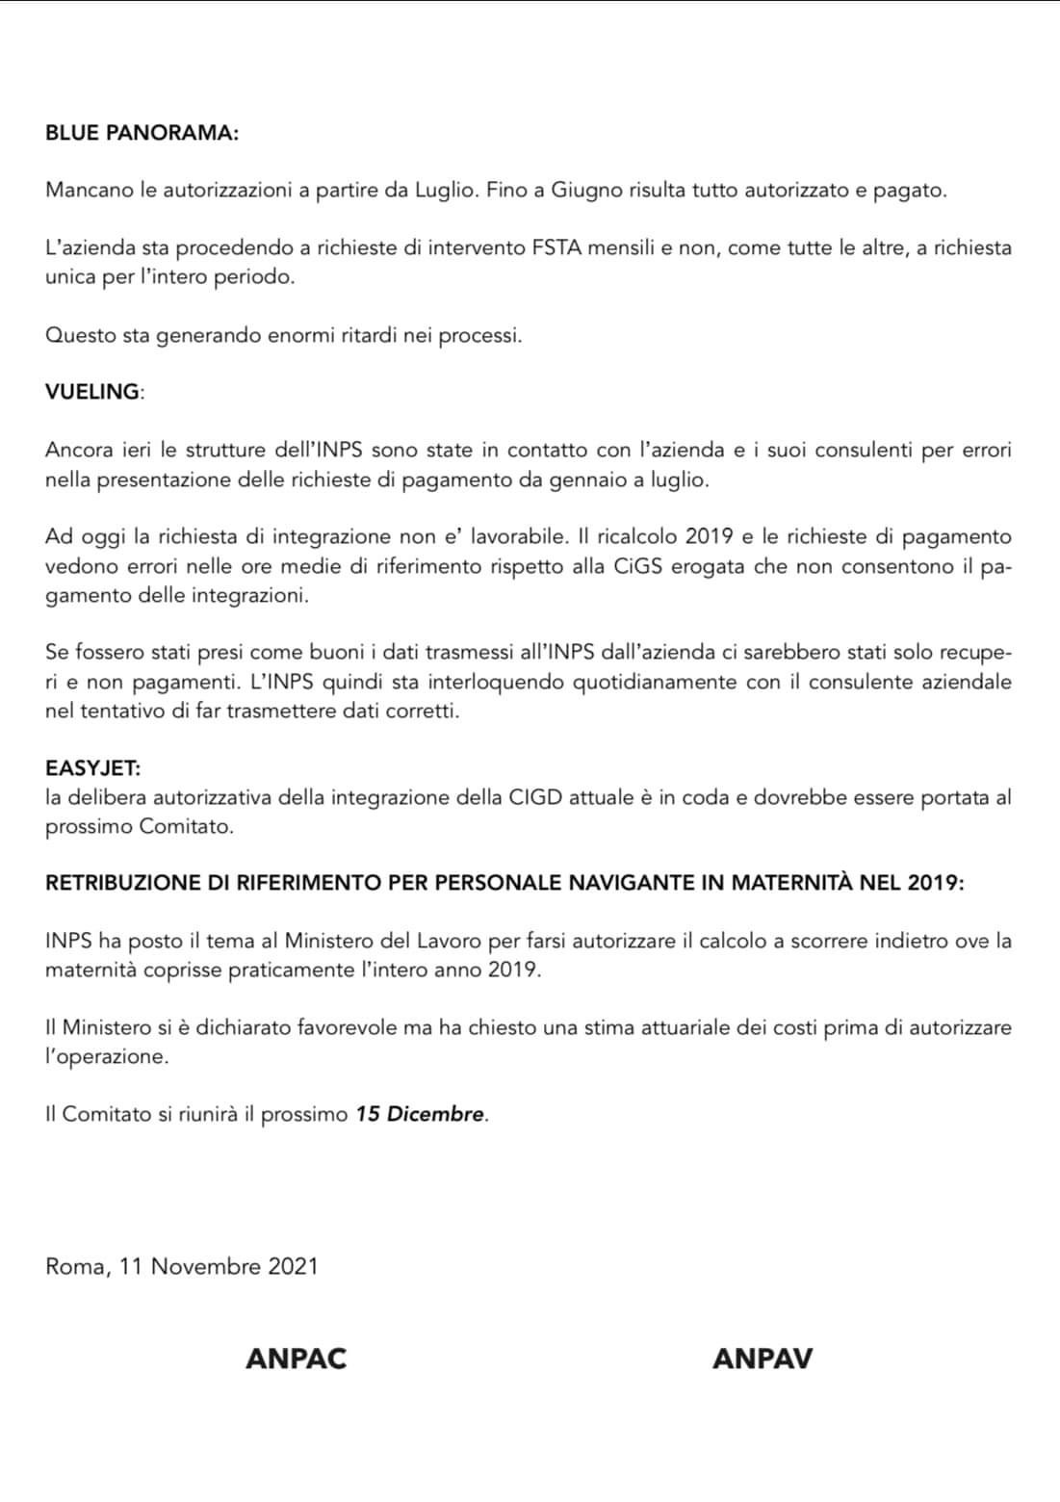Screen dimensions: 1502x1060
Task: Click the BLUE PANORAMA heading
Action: point(142,133)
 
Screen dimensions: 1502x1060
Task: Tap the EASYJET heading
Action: point(92,768)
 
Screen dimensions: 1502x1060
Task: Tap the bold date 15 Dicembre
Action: point(420,1114)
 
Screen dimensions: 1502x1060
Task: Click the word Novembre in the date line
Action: point(206,1266)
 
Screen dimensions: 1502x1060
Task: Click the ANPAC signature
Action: point(297,1359)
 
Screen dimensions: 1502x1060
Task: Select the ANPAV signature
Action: point(763,1359)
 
